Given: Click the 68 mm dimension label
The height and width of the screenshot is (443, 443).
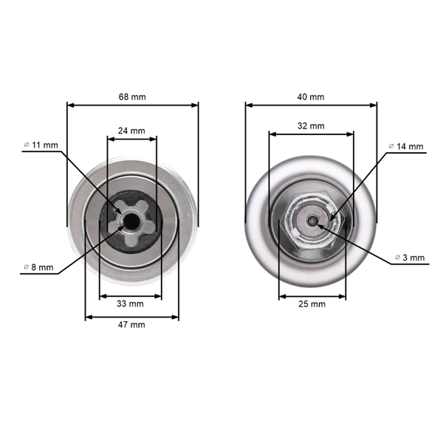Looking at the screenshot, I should pos(132,96).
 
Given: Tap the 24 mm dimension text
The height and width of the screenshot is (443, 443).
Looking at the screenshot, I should pos(132,130).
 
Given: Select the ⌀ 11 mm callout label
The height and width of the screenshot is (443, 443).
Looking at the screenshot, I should pos(41,145).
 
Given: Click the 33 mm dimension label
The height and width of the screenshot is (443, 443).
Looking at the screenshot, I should pos(130,303).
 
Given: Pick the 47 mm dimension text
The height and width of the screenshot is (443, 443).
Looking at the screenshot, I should pos(132,324).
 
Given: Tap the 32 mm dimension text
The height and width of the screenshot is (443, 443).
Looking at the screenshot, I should pos(311,126).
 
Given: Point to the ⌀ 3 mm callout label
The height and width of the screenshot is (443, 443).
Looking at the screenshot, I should pos(408,258).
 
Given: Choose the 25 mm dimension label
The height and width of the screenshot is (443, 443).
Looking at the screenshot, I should pos(312,303).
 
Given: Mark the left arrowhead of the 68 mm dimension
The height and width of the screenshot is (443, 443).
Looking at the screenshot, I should pos(69,105).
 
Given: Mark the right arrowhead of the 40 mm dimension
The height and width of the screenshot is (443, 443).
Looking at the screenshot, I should pos(374,105).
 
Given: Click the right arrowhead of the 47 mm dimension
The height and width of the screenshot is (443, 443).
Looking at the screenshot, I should pos(176,317).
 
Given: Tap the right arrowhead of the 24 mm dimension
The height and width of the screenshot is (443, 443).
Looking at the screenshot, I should pos(155,138).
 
